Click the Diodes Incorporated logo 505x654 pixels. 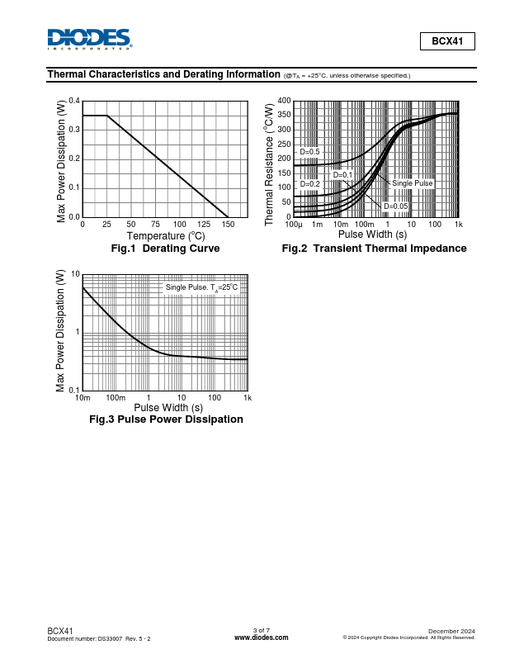coord(89,40)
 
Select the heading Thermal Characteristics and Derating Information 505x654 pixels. coord(163,74)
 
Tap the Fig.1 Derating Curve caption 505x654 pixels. coord(165,249)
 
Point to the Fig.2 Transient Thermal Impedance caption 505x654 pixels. coord(374,249)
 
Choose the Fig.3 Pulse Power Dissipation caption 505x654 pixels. coord(166,419)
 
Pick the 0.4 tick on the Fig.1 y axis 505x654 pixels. coord(75,101)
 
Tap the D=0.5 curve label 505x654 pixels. coord(309,152)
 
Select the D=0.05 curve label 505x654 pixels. coord(396,206)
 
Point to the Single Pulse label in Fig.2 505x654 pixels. coord(412,183)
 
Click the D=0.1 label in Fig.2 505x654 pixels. coord(342,175)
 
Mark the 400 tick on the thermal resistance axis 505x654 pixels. coord(284,101)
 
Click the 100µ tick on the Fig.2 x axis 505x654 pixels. coord(294,225)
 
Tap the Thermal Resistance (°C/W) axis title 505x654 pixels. coord(269,163)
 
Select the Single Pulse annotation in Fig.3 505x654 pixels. coord(201,287)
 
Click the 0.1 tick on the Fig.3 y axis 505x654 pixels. coord(74,390)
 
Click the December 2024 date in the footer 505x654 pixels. coord(451,631)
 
